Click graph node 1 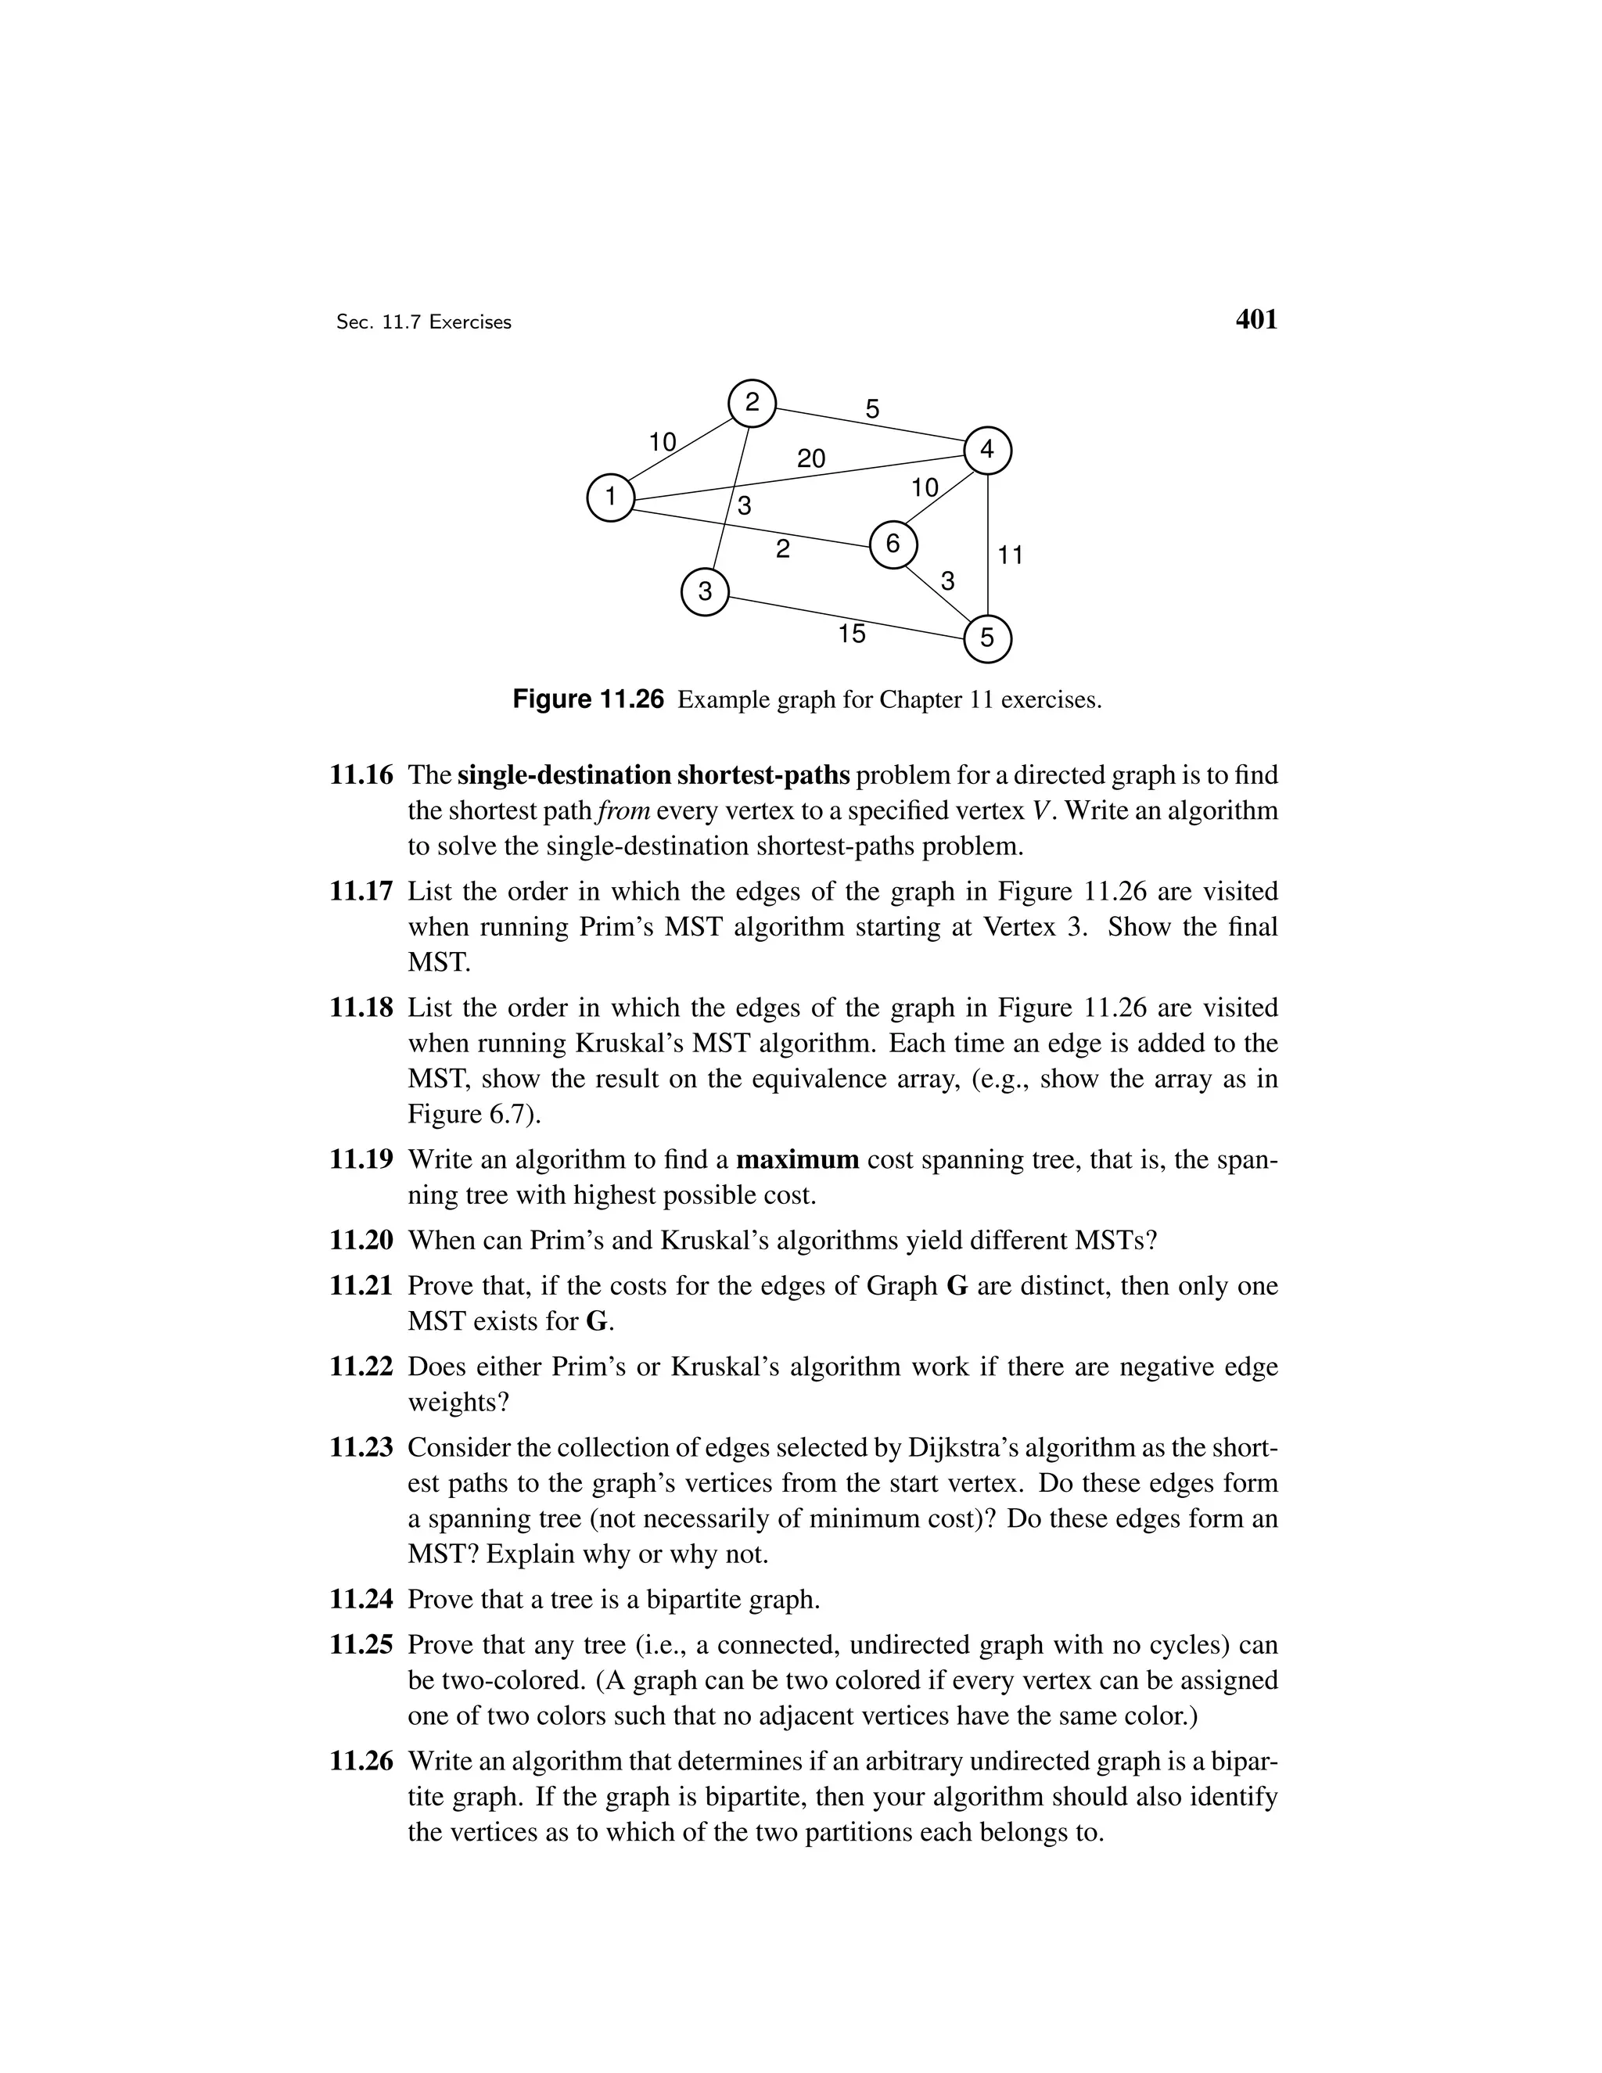(610, 498)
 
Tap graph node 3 (705, 592)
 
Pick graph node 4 (988, 450)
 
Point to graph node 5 (988, 638)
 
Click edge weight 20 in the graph (810, 459)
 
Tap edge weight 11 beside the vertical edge (1011, 555)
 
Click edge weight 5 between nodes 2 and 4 (872, 410)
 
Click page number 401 (1256, 321)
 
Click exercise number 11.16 (361, 775)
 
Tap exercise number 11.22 (361, 1367)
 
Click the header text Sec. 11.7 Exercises (423, 323)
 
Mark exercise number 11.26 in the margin (361, 1762)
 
